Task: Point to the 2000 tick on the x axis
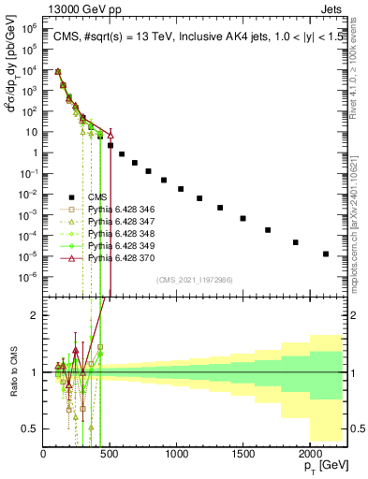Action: point(309,454)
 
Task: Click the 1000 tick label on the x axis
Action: point(176,454)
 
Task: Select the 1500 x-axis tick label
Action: point(243,454)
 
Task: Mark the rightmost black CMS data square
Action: point(325,254)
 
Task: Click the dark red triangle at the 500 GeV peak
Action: point(110,134)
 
